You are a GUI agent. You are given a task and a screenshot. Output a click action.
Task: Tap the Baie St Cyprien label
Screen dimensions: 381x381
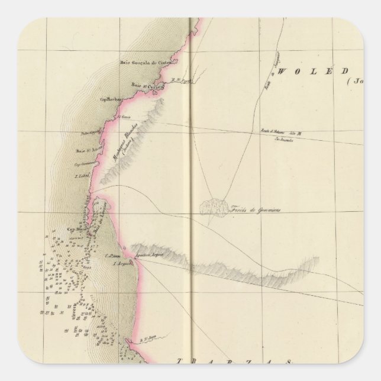[143, 84]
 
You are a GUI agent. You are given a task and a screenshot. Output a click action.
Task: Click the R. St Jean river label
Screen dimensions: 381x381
[138, 340]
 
